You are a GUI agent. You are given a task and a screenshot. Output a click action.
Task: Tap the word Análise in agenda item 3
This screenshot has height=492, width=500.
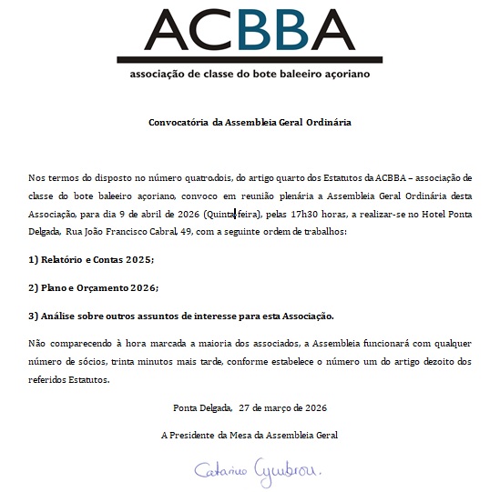point(61,316)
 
